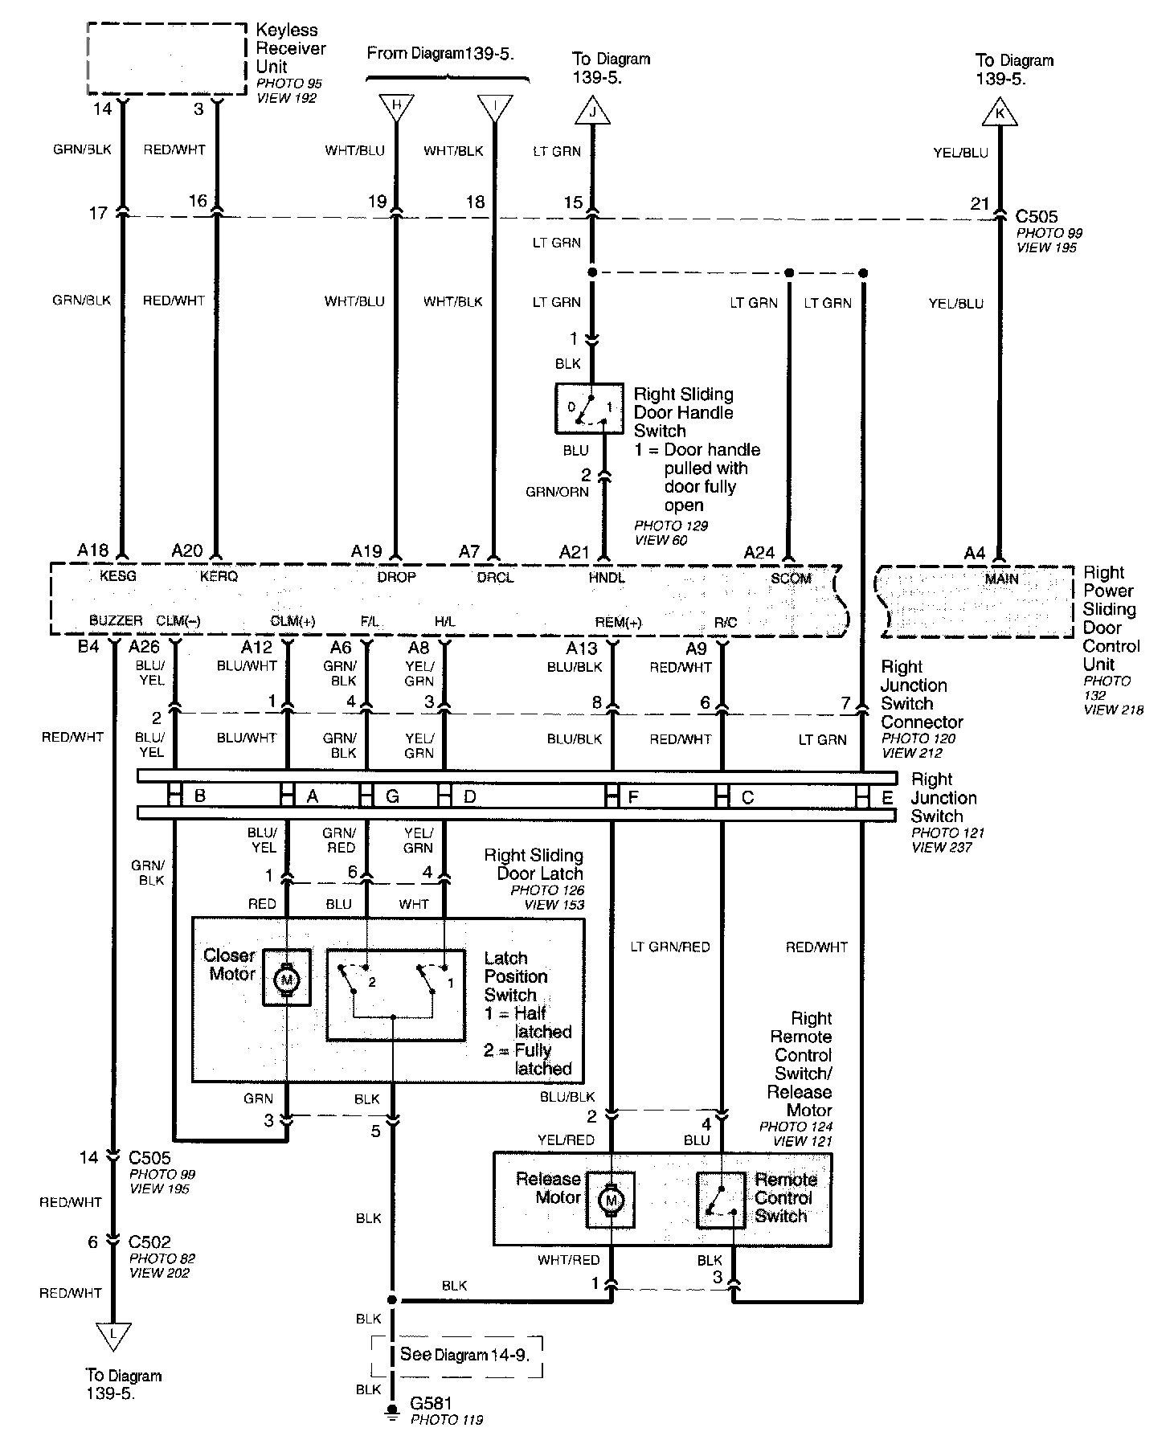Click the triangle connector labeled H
(x=395, y=106)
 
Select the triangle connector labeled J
(x=594, y=113)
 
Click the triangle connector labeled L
(x=113, y=1335)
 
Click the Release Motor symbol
(x=611, y=1201)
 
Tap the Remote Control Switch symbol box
(x=722, y=1201)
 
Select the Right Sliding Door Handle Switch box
(x=589, y=408)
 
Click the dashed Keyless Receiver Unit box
(x=166, y=59)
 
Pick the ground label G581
(x=432, y=1403)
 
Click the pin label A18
(x=93, y=550)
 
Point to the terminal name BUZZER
(x=117, y=620)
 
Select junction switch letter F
(x=633, y=798)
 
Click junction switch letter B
(x=200, y=796)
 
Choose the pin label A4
(x=975, y=553)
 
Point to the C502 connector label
(x=149, y=1242)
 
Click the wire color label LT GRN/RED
(x=670, y=947)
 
